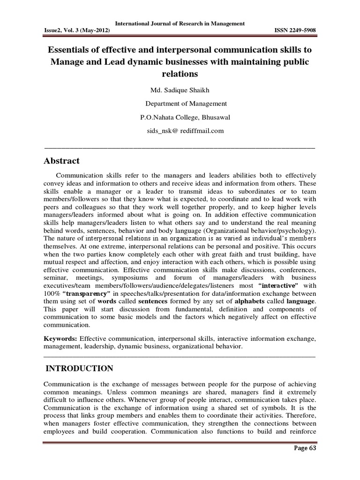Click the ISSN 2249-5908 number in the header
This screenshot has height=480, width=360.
point(294,31)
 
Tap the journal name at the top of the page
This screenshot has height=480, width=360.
point(180,24)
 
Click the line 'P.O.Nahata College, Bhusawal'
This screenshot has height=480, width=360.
point(180,117)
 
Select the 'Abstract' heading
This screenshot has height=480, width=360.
point(62,161)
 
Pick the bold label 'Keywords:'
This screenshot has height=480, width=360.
point(61,338)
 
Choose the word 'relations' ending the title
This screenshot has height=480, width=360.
point(180,74)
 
